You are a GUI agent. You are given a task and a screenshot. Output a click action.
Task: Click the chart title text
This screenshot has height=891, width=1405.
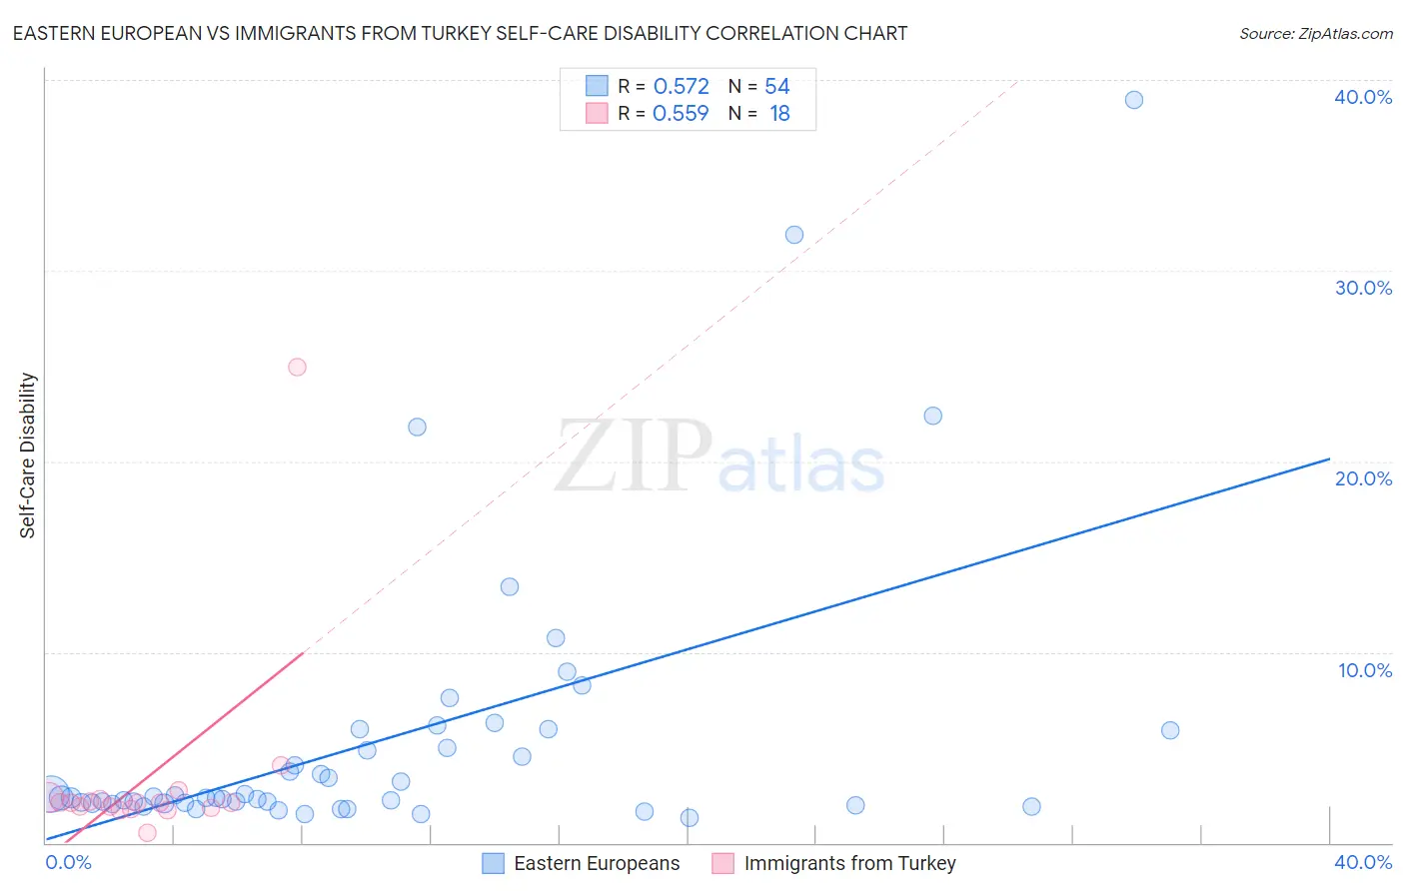click(x=460, y=33)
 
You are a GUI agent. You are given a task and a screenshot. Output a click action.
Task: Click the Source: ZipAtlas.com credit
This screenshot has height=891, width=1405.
click(x=1315, y=33)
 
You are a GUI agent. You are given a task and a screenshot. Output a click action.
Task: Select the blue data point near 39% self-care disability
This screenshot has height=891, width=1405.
click(x=1133, y=100)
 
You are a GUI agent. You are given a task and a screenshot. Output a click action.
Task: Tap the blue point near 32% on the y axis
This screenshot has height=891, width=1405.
click(x=794, y=235)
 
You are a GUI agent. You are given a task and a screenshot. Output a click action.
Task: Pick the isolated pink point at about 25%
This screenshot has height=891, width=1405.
click(x=297, y=367)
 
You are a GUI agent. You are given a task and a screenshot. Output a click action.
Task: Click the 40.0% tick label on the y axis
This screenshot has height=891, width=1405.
click(x=1362, y=97)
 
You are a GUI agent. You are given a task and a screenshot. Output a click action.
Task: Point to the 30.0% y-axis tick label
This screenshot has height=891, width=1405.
click(x=1362, y=288)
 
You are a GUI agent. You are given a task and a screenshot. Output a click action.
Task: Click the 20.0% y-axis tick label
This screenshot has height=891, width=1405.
click(x=1362, y=478)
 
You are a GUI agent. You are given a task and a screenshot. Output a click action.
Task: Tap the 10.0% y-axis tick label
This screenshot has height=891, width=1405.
click(x=1364, y=670)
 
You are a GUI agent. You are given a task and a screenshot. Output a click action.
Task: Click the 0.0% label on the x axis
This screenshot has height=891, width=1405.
click(x=69, y=862)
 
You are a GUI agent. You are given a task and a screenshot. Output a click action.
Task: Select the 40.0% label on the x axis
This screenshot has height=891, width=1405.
click(x=1362, y=862)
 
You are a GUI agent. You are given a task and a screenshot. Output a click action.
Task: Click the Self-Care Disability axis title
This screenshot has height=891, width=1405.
click(x=28, y=455)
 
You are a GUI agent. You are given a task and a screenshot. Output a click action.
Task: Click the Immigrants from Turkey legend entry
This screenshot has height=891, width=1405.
click(x=834, y=863)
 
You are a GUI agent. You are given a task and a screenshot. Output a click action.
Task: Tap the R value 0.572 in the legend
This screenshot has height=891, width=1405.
click(x=681, y=87)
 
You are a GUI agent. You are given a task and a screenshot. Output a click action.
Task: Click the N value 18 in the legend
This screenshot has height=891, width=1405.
click(x=779, y=114)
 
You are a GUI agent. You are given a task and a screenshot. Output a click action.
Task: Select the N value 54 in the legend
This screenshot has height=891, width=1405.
click(x=776, y=87)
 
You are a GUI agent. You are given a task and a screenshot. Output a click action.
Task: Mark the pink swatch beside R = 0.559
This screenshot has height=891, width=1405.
click(x=597, y=113)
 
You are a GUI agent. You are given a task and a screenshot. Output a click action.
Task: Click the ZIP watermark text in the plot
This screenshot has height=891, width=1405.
click(x=633, y=456)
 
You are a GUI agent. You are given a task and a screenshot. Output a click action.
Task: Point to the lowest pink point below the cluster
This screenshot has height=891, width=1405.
click(x=147, y=832)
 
